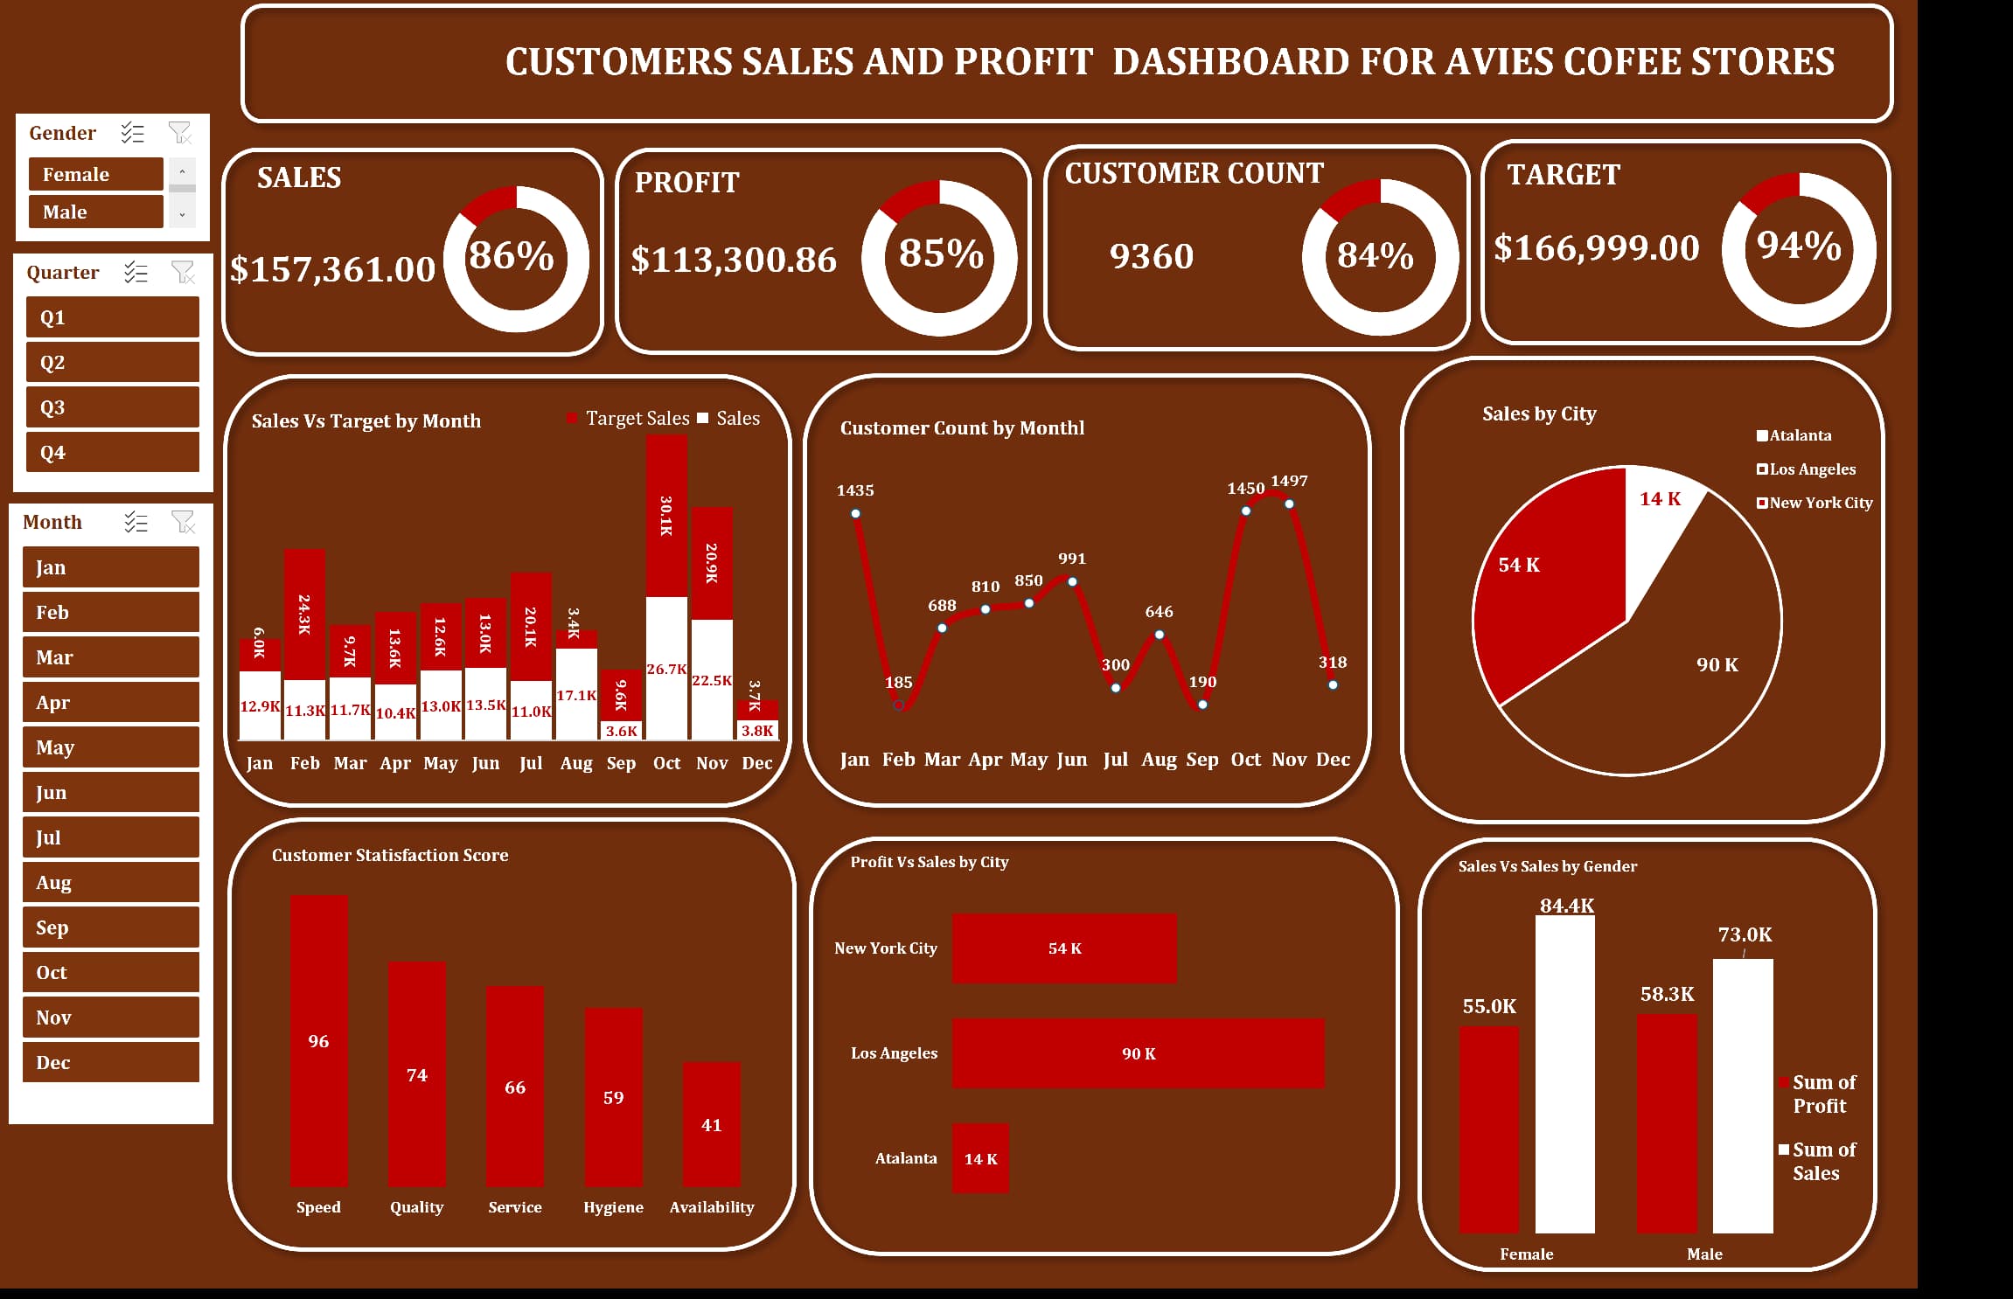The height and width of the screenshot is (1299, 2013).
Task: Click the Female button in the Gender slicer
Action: (x=95, y=174)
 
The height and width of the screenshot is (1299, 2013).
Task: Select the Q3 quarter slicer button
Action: (x=112, y=407)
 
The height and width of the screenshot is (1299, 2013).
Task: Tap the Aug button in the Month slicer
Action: (x=110, y=883)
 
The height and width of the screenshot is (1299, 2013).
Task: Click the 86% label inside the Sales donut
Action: (x=512, y=255)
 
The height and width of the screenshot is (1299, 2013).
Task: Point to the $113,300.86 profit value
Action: (x=734, y=260)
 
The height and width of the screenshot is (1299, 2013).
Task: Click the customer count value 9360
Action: (x=1151, y=256)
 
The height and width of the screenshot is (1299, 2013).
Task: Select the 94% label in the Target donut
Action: (x=1799, y=246)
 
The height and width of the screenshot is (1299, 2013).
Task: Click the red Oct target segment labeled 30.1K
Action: (x=666, y=516)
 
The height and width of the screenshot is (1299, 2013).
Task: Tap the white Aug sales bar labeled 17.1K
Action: (x=576, y=695)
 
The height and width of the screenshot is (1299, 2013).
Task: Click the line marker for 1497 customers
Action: (x=1289, y=504)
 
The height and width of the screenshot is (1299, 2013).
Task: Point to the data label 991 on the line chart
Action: (x=1071, y=559)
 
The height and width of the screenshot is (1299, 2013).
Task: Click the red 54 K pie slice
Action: (x=1539, y=577)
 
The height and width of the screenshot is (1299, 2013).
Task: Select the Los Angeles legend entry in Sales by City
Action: (x=1810, y=469)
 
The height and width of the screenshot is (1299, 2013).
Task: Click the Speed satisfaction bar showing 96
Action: (x=318, y=1040)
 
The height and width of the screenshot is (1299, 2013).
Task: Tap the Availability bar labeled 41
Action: (x=711, y=1124)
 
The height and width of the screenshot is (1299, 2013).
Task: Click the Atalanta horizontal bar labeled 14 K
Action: (x=980, y=1158)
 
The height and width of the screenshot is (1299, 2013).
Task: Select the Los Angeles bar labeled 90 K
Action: (x=1138, y=1053)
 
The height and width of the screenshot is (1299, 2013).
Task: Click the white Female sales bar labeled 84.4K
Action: (x=1564, y=1075)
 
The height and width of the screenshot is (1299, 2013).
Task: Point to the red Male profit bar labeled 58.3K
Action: (x=1666, y=1123)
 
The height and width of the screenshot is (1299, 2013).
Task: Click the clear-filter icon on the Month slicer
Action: (x=183, y=522)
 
